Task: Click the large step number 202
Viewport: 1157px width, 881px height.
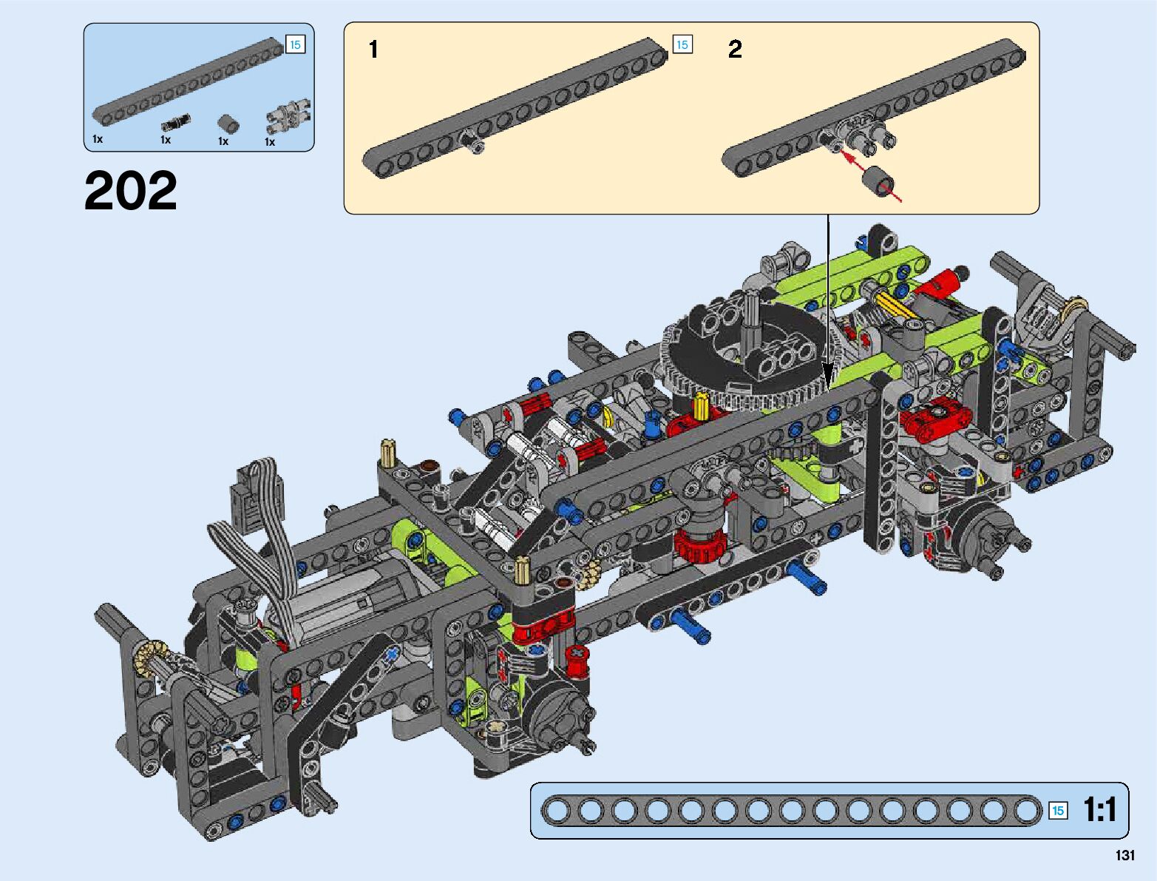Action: click(130, 190)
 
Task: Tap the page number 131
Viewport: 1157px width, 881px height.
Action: click(1124, 855)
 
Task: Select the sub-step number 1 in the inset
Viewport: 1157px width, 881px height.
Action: click(374, 50)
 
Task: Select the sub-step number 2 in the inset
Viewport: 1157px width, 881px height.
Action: click(735, 50)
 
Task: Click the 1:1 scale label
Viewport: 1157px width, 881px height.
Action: click(1099, 809)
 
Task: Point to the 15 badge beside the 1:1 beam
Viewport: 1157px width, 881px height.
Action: click(1057, 810)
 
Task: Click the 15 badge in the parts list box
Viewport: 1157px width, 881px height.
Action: click(295, 45)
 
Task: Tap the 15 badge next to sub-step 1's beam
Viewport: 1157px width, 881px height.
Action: click(682, 45)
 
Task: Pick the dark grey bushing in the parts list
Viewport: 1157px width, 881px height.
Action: click(228, 124)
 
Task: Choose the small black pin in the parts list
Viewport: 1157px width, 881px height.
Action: click(175, 122)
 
